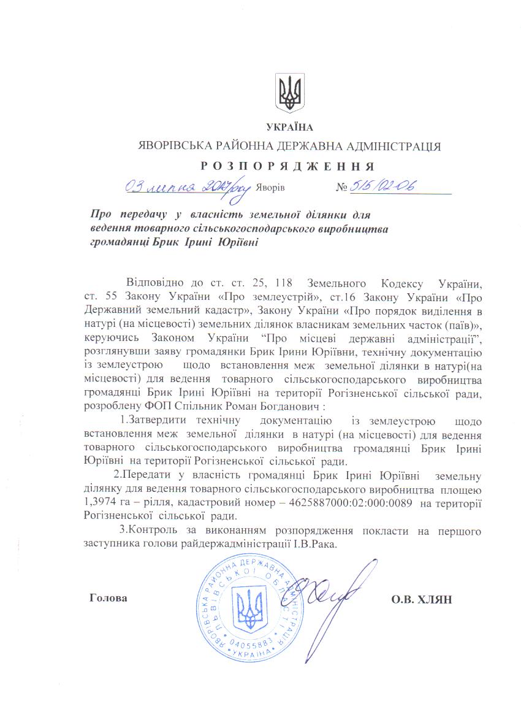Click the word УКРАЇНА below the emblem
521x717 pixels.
coord(290,128)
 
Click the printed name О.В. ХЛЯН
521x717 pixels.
coord(421,599)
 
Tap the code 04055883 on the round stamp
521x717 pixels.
coord(252,642)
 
